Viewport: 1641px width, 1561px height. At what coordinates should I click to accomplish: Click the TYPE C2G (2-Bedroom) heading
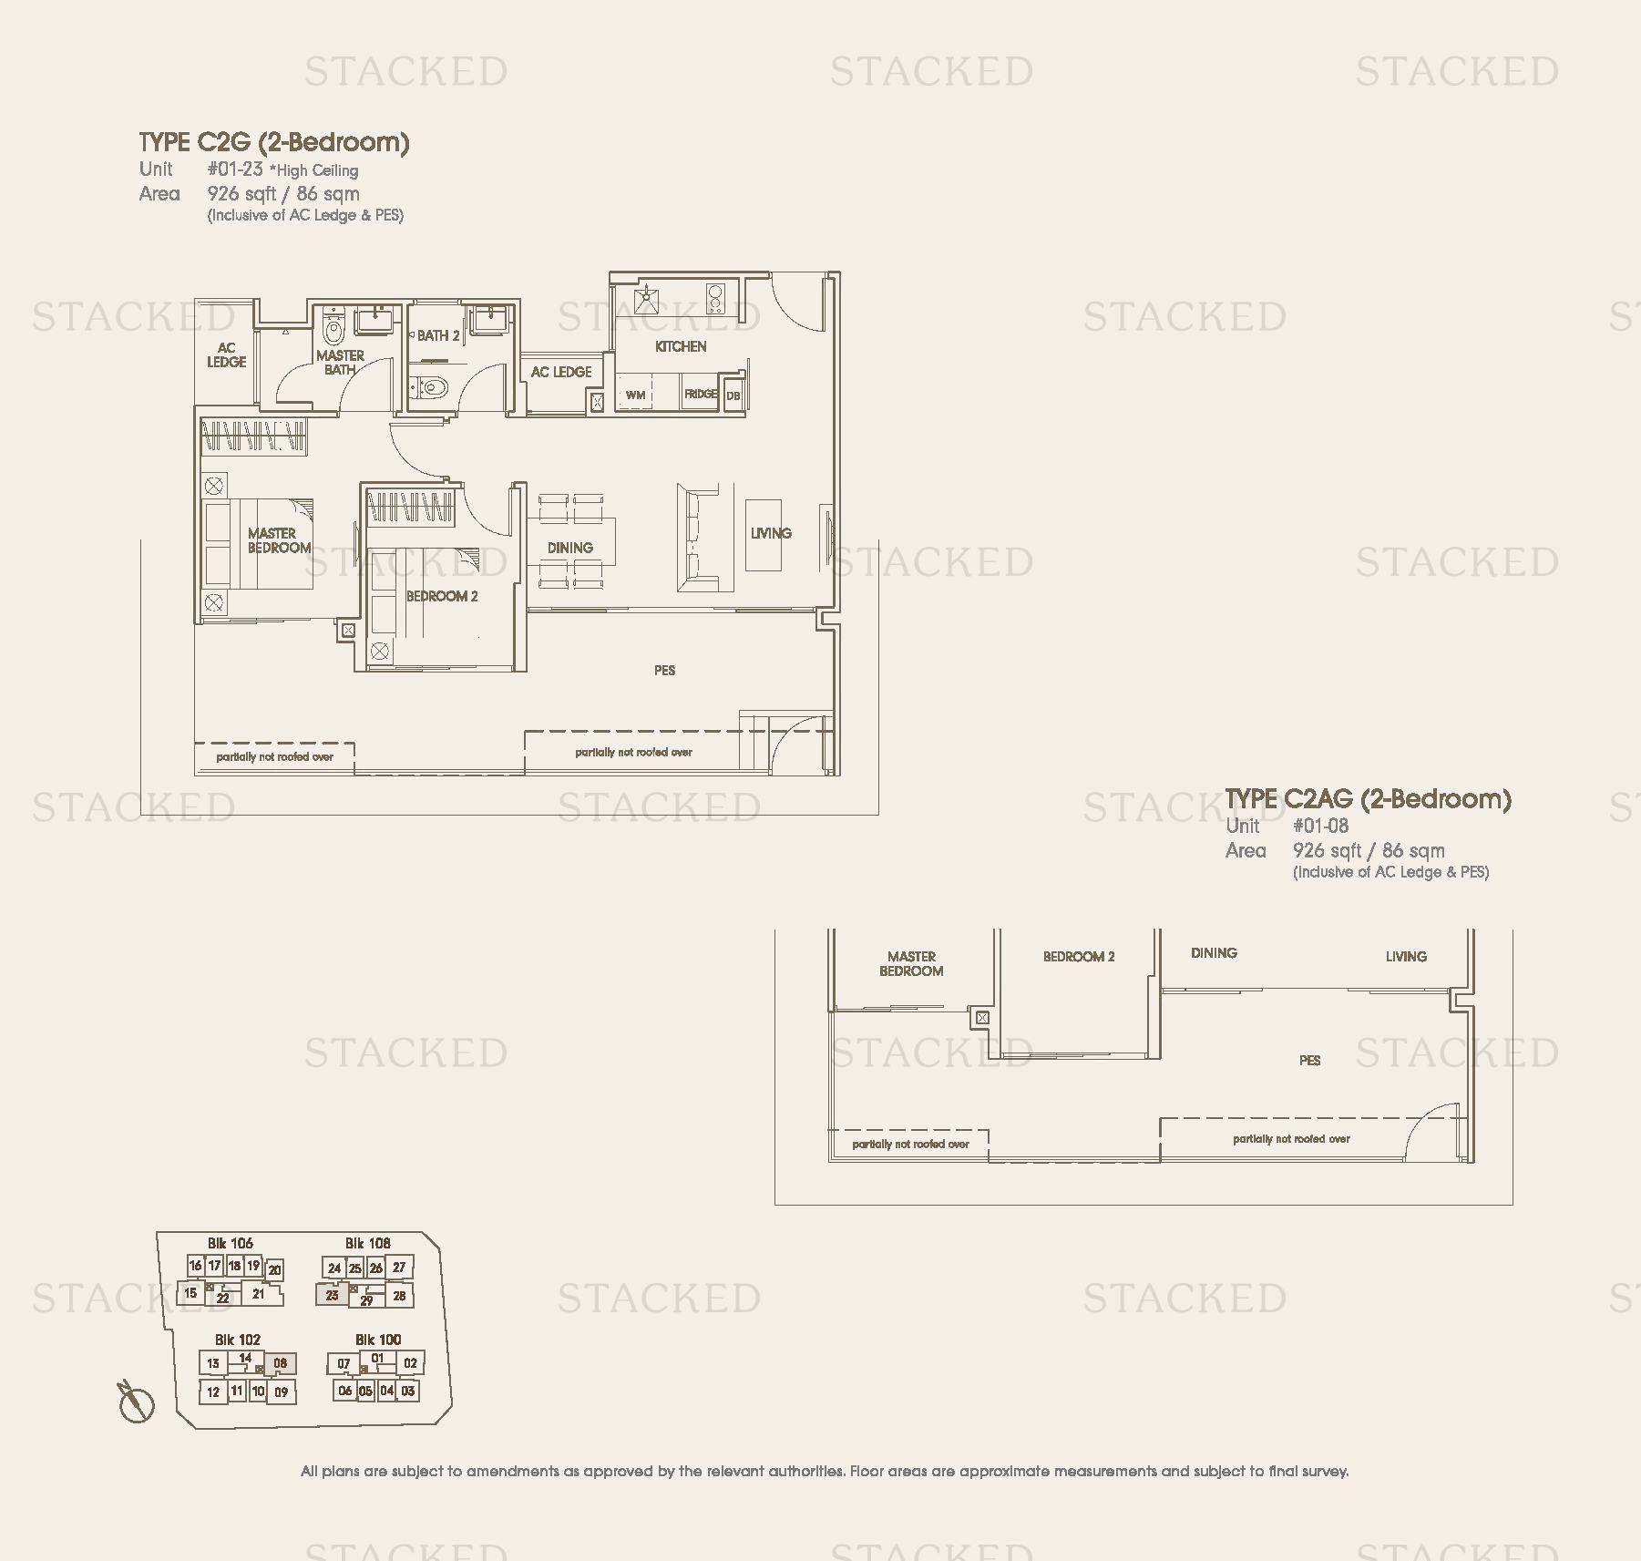point(274,142)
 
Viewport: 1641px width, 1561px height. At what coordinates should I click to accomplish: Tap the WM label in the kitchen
point(636,395)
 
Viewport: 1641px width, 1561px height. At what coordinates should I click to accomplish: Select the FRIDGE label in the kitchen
point(701,395)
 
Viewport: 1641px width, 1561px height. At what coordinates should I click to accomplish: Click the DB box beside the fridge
point(733,395)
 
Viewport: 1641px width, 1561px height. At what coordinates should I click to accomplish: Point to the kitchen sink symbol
point(648,296)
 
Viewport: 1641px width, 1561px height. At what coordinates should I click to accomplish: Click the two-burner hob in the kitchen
point(714,298)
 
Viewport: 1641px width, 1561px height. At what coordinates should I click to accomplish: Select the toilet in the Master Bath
point(334,329)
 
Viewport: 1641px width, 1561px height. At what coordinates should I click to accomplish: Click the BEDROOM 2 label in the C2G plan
point(442,596)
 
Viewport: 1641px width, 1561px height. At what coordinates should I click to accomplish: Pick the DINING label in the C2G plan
point(570,548)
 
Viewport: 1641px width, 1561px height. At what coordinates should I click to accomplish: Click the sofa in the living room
point(699,539)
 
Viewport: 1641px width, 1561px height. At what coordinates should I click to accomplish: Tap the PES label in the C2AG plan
point(1309,1060)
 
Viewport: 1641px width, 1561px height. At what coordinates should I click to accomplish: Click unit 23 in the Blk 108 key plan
point(333,1295)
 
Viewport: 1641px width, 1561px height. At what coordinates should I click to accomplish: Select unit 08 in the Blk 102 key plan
point(281,1363)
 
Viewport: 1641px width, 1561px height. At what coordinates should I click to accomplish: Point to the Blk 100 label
point(377,1340)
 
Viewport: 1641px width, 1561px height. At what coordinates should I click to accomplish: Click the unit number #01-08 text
point(1320,826)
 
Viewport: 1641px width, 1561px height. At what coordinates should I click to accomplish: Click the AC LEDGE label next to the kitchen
point(561,372)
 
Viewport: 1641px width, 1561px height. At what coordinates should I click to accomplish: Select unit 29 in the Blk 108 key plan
point(366,1300)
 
